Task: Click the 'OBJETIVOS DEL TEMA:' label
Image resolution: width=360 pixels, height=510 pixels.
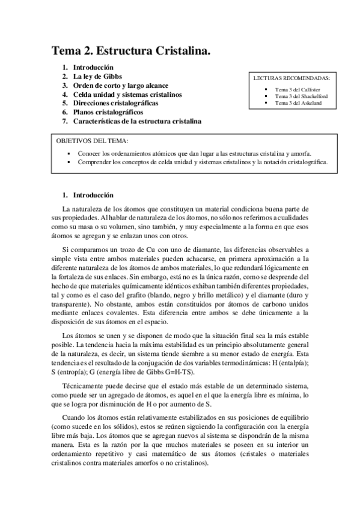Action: click(x=87, y=141)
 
